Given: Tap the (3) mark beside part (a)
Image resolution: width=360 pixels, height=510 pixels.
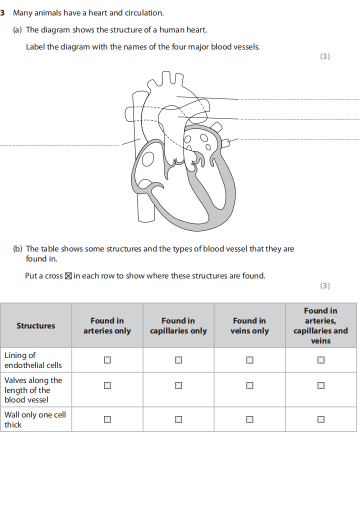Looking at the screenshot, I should coord(325,56).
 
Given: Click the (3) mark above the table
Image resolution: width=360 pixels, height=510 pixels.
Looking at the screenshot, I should coord(325,286).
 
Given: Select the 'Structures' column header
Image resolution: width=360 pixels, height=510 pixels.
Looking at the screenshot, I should coord(35,325).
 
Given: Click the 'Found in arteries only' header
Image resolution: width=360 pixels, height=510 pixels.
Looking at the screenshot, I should coord(107,325).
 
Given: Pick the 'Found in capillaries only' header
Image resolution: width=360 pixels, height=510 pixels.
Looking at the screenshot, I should coord(178,325).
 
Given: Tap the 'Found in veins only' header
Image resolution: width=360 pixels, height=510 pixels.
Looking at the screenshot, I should coord(249,325).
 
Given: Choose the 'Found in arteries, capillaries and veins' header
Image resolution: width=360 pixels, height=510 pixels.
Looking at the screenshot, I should coord(320,325).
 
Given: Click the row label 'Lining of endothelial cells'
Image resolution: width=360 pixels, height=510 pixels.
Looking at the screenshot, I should coord(33,360).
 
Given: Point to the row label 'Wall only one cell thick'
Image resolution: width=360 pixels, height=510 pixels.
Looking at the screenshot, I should coord(35,419).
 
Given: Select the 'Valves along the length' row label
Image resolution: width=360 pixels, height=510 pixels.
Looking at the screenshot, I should coord(33,390).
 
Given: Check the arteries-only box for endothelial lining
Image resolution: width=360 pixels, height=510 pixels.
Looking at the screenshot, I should coord(107,360).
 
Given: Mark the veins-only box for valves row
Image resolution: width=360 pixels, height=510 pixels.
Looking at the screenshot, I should coord(249,385).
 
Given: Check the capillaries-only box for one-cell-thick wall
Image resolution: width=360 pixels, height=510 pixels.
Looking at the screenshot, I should coord(178,419).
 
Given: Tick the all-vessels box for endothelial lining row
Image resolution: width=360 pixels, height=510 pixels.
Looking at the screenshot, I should coord(320,360).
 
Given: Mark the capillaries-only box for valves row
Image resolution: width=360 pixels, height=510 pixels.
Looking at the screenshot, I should coord(178,385).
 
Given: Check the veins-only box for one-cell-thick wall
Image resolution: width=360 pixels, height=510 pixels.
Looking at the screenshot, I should coord(249,419).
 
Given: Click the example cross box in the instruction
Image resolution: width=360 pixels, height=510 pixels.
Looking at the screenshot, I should coord(68,276).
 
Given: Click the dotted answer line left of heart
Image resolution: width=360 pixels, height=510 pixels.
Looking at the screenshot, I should coord(60,145).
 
